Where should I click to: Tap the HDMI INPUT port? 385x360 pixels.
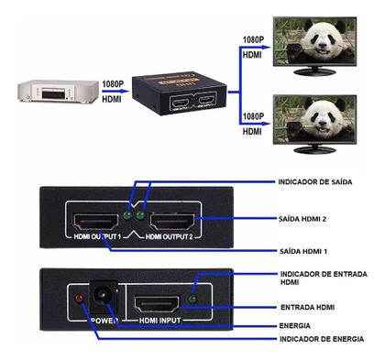point(157,306)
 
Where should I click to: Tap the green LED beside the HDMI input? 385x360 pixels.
point(193,299)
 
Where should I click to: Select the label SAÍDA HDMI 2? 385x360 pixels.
point(302,219)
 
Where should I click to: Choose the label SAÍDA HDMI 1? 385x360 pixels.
point(302,251)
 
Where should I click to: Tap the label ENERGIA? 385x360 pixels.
point(294,324)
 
